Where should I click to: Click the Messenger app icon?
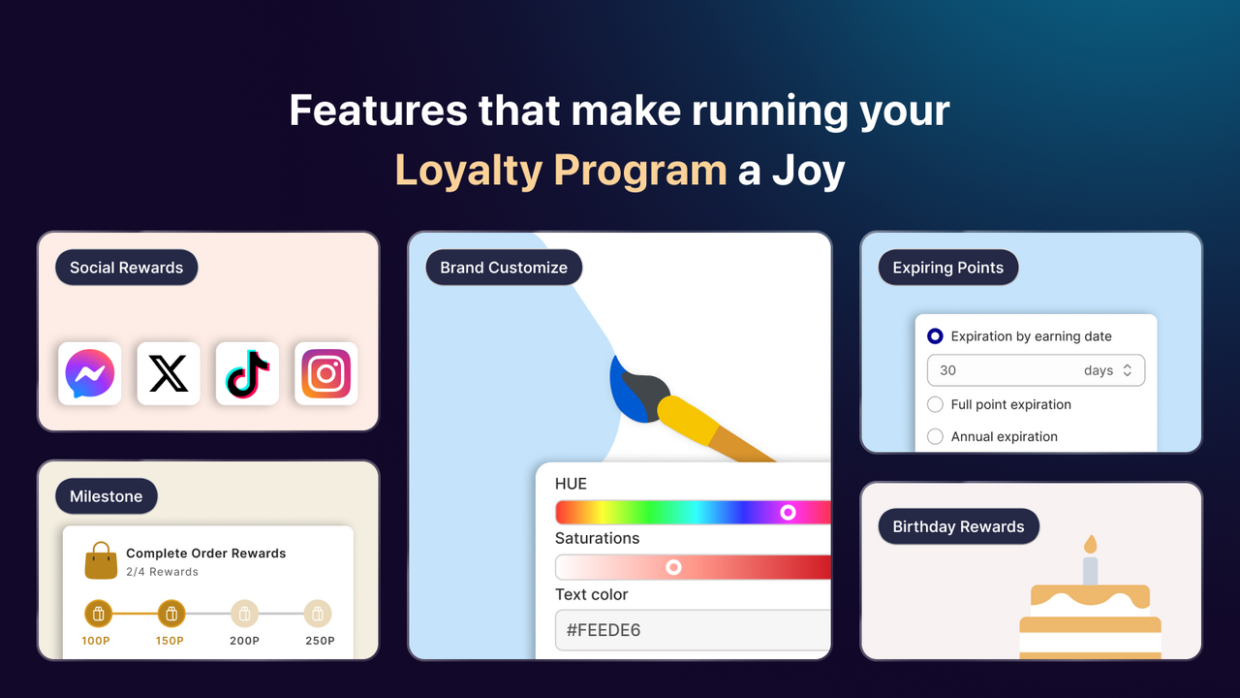tap(90, 373)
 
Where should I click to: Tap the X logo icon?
tap(169, 373)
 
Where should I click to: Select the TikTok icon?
tap(247, 373)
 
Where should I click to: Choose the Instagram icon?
tap(325, 373)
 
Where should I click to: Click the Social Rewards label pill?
tap(126, 268)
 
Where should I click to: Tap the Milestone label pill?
tap(106, 496)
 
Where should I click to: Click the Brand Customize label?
tap(504, 268)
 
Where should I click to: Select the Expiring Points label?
tap(947, 268)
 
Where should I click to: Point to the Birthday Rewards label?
tap(958, 526)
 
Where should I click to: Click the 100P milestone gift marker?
tap(98, 614)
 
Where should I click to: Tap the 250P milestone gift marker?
tap(318, 614)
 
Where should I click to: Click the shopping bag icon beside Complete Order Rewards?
tap(101, 561)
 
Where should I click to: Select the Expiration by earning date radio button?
tap(935, 336)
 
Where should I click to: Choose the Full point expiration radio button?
tap(935, 404)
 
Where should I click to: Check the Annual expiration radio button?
tap(935, 436)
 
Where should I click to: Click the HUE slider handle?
tap(788, 512)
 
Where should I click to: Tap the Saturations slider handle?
tap(673, 567)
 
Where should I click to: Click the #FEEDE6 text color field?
tap(693, 630)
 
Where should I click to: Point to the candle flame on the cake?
tap(1090, 544)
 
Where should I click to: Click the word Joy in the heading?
tap(809, 171)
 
